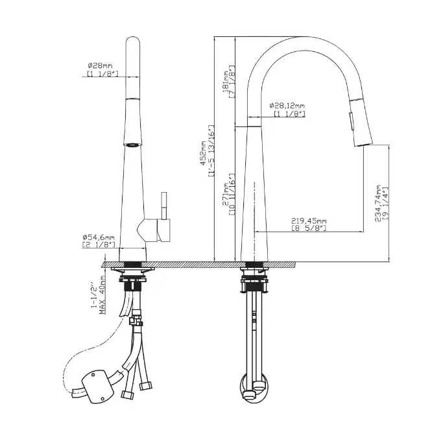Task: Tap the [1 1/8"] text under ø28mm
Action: point(102,75)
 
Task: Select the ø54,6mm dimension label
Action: point(99,237)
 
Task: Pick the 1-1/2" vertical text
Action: point(93,294)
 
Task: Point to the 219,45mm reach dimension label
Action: point(309,221)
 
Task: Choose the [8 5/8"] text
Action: point(309,228)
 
